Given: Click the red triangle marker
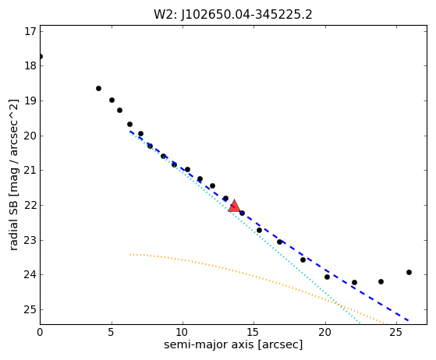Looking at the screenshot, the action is coord(234,206).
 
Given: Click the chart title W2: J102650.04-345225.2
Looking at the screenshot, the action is coord(233,15).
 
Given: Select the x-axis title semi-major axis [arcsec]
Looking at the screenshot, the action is coord(233,344).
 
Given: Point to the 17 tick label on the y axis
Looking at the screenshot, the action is coord(30,31).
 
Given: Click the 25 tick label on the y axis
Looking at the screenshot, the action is coord(30,309).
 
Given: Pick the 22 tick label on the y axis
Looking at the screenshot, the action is coord(30,205).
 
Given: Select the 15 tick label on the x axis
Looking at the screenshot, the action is coord(253,332).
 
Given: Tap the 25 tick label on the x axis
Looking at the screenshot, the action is coord(396,332).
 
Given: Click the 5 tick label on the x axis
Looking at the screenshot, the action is coord(112,332).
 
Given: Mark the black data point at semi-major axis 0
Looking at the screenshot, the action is coord(41,57).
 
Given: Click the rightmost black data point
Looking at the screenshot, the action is coord(409,272).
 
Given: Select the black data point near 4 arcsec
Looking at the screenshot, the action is coord(98,88).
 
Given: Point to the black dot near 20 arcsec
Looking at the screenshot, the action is coord(327,277).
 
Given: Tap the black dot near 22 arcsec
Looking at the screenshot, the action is coord(354,283).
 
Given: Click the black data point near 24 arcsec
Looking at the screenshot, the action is coord(381,281).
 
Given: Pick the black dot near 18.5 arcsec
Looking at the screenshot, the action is coord(303,259).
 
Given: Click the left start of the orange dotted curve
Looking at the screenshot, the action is coord(129,254).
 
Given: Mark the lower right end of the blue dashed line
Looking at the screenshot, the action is coord(408,320).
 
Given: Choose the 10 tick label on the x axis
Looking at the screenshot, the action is coord(183,332).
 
